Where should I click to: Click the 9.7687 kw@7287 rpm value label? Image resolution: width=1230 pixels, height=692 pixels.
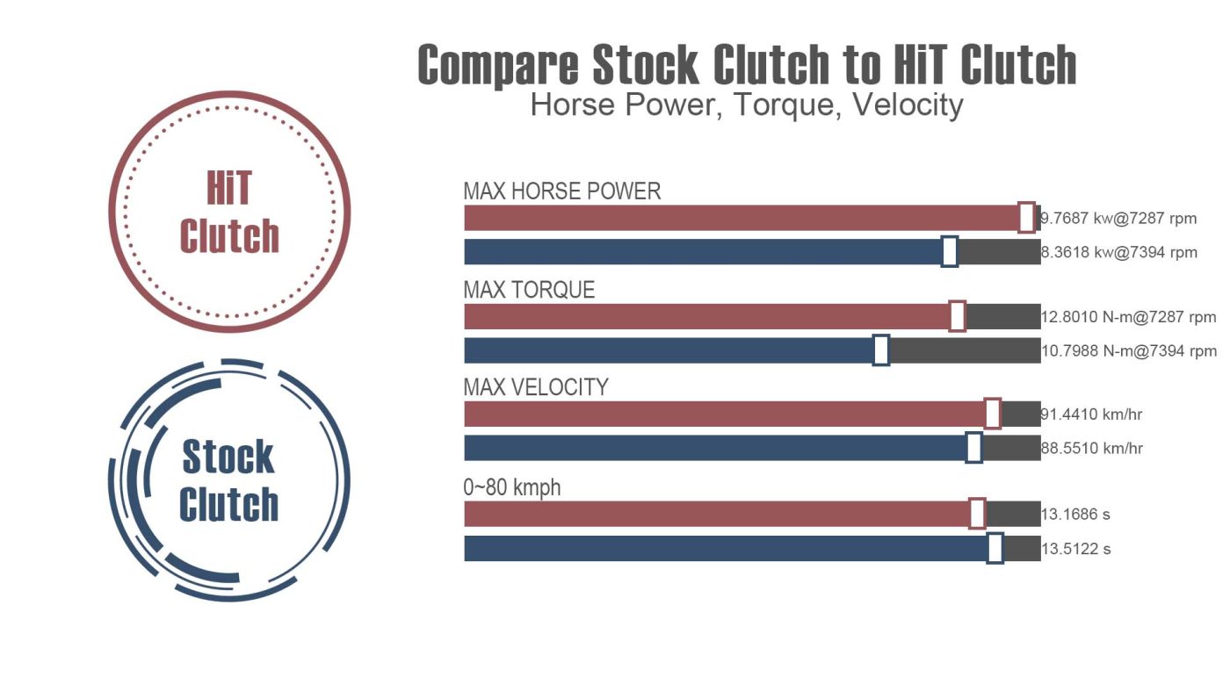pos(1118,219)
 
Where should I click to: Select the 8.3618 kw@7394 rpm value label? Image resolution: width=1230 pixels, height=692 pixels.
pos(1119,253)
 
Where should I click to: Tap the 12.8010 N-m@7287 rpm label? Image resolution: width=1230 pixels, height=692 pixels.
pos(1129,317)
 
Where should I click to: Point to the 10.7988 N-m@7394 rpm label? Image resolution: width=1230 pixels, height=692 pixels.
pos(1129,351)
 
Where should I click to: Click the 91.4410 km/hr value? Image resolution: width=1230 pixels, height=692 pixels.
pos(1092,414)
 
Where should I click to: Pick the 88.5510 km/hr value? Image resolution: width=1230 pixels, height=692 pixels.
pos(1092,449)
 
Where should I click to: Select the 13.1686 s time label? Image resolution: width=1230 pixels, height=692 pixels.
pos(1076,515)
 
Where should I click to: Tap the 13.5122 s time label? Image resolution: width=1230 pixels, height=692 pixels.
pos(1076,550)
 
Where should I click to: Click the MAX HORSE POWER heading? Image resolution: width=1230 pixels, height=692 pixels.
pos(561,191)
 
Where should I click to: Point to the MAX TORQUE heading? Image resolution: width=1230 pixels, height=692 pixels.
pos(529,290)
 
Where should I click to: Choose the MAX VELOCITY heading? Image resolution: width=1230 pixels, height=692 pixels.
pos(536,387)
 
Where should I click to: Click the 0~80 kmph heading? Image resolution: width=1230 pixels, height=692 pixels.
pos(512,487)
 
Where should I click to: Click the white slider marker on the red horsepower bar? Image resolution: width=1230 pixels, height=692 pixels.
pos(1026,217)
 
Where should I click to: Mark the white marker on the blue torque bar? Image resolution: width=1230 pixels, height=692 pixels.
pos(881,350)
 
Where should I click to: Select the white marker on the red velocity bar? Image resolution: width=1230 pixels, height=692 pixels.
pos(992,414)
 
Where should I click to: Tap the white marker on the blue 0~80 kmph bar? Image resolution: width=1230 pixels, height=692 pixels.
pos(995,548)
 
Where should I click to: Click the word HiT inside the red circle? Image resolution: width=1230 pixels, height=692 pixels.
pos(228,189)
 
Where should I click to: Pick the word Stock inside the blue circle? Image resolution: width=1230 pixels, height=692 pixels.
pos(228,458)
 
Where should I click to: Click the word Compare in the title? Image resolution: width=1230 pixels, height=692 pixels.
pos(497,65)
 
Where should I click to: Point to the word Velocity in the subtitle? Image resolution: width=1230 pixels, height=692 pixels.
pos(908,105)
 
